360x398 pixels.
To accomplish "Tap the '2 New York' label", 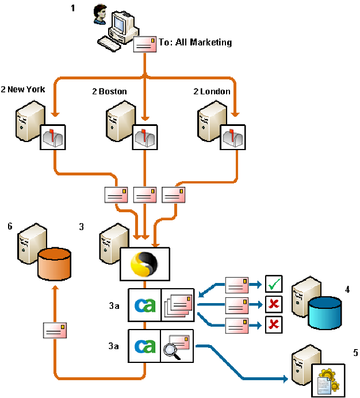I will point(23,90).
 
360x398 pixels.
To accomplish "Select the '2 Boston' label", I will point(109,91).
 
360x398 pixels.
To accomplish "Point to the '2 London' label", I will point(212,91).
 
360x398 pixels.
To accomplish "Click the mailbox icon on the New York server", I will point(55,137).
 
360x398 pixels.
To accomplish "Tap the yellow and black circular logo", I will point(144,265).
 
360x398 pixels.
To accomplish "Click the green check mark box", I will point(274,284).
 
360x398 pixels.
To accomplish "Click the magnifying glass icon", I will point(172,350).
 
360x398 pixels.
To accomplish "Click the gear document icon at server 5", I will point(328,380).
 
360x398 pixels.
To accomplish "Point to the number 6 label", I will point(10,227).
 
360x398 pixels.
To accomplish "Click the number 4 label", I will point(347,290).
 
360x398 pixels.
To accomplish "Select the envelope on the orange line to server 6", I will point(55,330).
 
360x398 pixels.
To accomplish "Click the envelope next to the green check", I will point(238,284).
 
